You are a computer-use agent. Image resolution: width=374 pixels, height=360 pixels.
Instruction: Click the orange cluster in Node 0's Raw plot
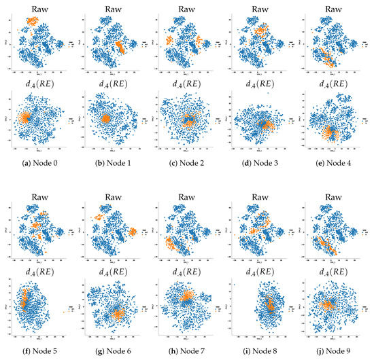31,22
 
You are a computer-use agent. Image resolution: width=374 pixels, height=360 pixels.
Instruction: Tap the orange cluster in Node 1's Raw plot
119,48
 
